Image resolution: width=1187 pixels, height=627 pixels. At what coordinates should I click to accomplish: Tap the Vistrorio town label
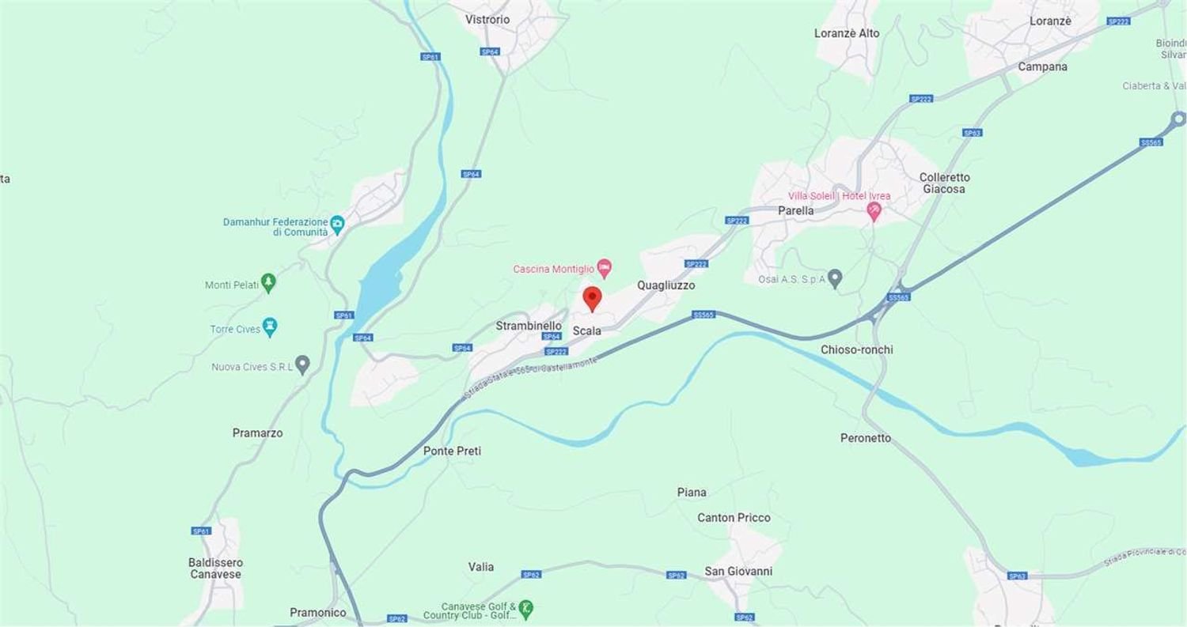click(x=487, y=19)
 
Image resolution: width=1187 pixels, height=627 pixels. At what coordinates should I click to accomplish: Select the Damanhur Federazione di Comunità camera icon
click(x=337, y=223)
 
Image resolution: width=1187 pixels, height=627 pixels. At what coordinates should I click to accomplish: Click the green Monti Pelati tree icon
click(x=268, y=283)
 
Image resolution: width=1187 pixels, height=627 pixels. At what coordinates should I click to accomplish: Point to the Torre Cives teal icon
click(x=270, y=327)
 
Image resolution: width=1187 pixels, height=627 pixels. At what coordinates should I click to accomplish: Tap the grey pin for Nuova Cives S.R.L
click(x=301, y=364)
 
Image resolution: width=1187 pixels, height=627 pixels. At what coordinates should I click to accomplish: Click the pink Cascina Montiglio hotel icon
click(x=605, y=268)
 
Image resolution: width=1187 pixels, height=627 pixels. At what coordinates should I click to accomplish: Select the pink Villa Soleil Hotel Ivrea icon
click(x=874, y=211)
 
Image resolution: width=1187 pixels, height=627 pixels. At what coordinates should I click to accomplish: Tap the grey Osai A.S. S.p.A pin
click(x=834, y=278)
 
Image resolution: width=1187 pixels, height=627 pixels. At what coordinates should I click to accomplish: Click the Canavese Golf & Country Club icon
click(x=525, y=609)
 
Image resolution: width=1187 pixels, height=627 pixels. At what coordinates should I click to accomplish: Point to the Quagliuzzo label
click(x=666, y=285)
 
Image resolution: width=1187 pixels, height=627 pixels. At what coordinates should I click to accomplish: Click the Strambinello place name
click(x=529, y=326)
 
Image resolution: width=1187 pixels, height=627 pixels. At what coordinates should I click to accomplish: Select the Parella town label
click(x=795, y=210)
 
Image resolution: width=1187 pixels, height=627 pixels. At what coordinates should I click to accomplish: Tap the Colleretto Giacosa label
click(x=944, y=183)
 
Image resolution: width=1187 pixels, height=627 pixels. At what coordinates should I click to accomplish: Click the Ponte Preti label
click(x=452, y=451)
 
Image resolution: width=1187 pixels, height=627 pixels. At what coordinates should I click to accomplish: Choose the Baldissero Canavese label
click(x=216, y=568)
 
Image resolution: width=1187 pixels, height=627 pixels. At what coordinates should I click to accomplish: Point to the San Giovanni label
click(x=738, y=571)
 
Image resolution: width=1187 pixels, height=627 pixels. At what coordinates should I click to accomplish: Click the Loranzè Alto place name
click(x=846, y=33)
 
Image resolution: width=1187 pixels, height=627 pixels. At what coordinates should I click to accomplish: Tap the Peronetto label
click(x=865, y=438)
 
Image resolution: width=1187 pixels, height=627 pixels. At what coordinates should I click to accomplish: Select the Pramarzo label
click(x=257, y=433)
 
